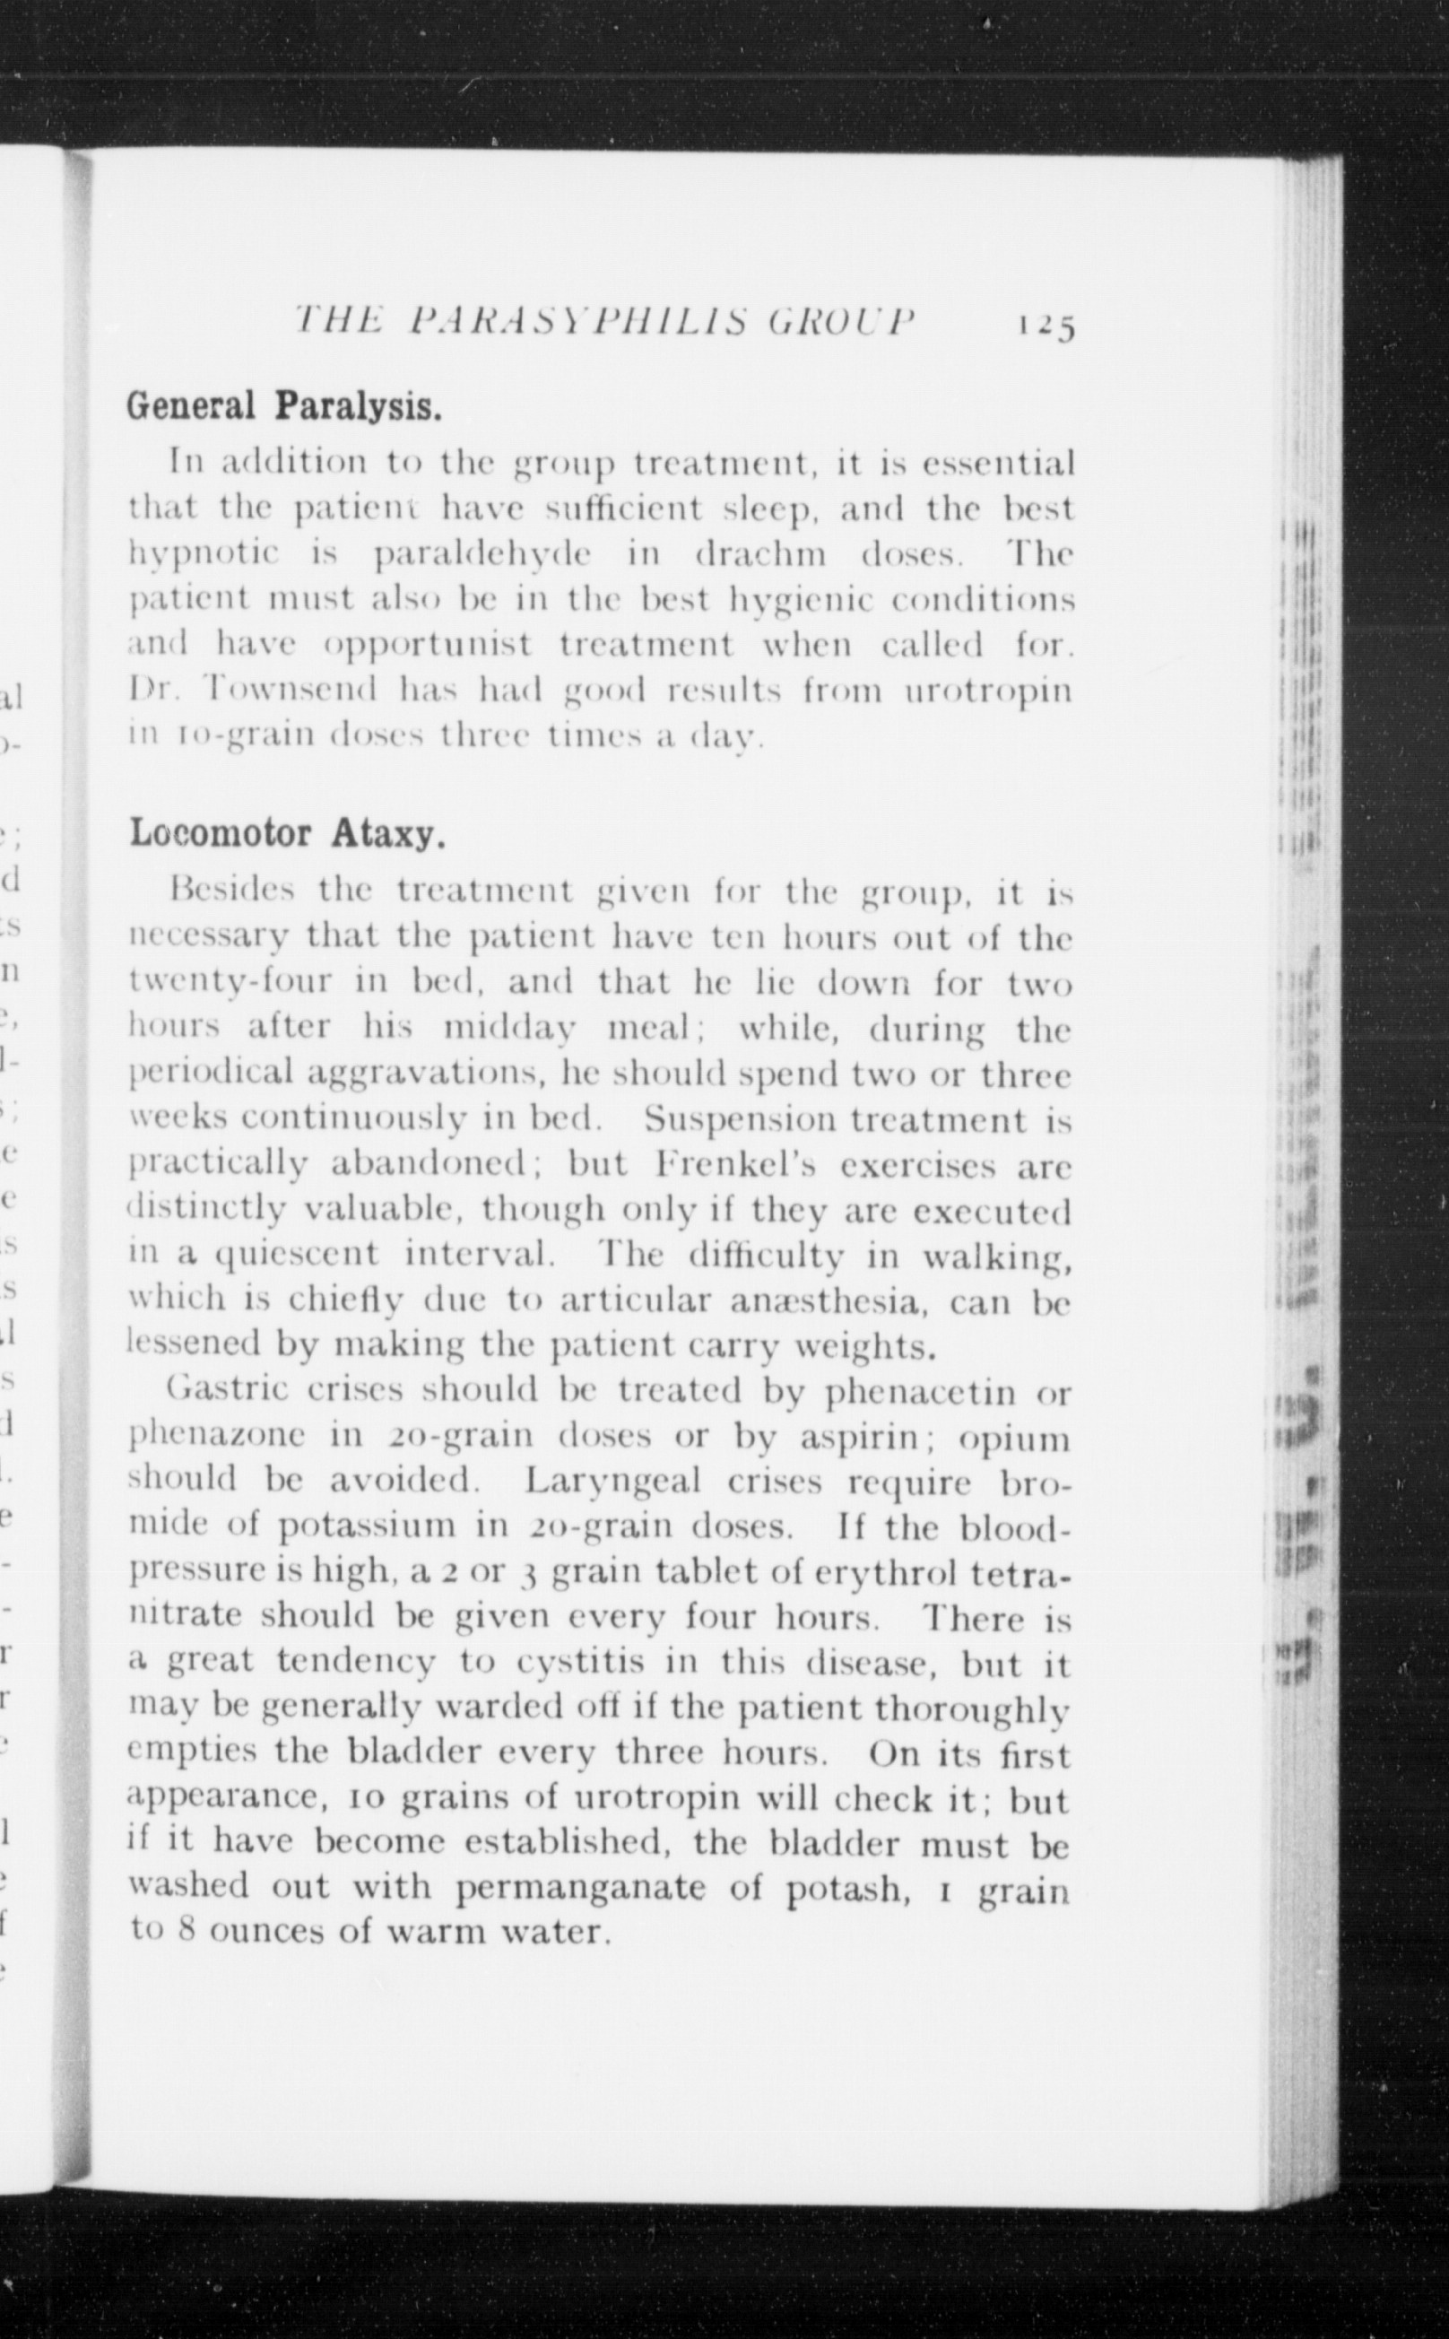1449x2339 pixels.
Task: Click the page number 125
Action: click(x=1048, y=326)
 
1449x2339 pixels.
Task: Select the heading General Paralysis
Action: click(x=284, y=407)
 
